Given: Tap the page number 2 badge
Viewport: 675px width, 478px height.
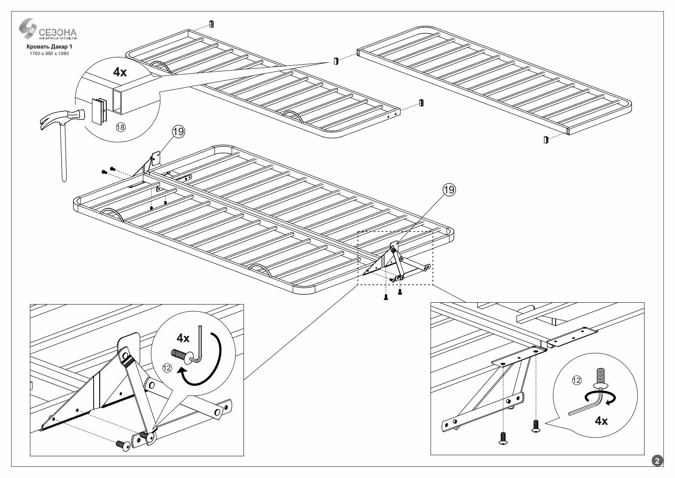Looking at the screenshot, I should point(657,461).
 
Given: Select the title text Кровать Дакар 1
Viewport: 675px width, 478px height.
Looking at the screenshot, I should point(49,47).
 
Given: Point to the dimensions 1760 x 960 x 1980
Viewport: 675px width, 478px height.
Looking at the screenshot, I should point(49,54).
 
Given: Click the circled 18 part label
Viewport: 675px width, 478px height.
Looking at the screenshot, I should point(120,128).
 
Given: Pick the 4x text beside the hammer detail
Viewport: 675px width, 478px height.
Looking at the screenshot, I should point(120,72).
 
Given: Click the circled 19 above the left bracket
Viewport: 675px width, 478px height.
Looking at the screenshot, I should point(178,132).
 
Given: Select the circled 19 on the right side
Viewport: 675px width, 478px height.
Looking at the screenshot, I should point(449,190).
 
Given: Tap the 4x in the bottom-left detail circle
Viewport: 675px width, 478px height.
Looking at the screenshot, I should point(183,338).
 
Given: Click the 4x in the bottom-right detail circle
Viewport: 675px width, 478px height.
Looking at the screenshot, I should point(601,421).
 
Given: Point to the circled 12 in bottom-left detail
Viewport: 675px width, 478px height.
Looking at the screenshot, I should point(167,368).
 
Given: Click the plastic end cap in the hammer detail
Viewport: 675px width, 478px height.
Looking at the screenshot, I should point(98,111).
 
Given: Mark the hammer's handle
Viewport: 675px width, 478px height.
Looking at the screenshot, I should point(63,154).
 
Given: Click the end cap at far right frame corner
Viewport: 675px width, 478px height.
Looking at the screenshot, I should point(546,139).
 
